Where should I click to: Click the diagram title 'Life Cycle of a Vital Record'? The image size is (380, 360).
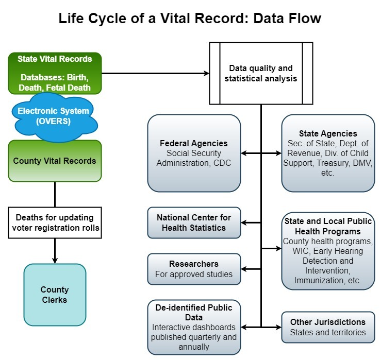pos(190,19)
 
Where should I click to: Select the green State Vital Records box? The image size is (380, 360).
pos(55,73)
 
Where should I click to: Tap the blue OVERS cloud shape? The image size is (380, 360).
pos(53,116)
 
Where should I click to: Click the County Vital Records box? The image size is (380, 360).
pos(55,161)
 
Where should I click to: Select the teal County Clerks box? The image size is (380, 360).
pos(55,295)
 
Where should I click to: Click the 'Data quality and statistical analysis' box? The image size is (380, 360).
pos(260,73)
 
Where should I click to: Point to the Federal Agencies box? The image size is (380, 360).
pos(194,153)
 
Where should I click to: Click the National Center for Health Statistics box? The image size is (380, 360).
pos(194,222)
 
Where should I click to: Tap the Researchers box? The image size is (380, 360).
pos(194,269)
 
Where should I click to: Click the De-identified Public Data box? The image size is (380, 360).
pos(194,327)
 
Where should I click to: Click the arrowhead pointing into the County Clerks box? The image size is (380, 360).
pos(55,260)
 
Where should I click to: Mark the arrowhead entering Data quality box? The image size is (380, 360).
pos(206,73)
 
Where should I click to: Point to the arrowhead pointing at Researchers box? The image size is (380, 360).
pos(244,269)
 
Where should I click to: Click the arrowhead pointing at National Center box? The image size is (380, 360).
pos(244,222)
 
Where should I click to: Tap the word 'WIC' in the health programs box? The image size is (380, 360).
pos(293,251)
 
